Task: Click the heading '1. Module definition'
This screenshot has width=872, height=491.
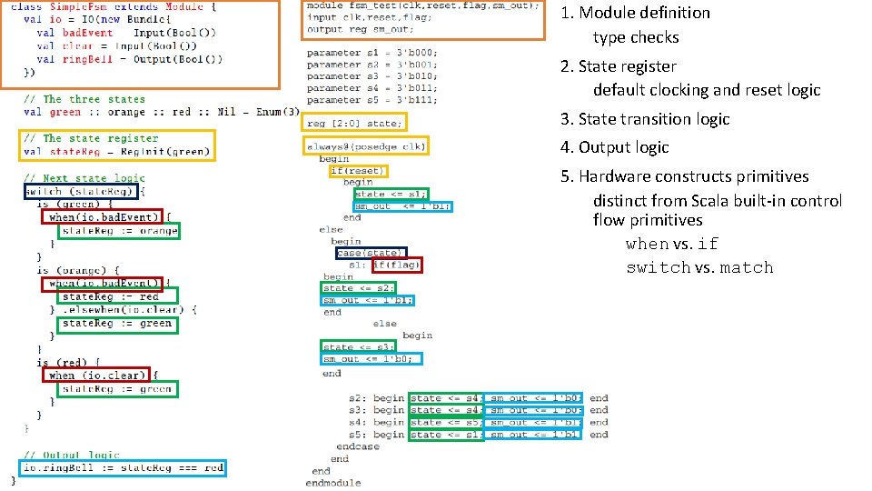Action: click(x=635, y=13)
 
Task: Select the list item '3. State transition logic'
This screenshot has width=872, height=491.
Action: click(x=645, y=119)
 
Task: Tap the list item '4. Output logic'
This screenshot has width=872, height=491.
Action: click(x=614, y=147)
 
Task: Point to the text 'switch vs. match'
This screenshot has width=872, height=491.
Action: click(x=699, y=267)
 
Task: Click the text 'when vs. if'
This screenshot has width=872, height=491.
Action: click(x=671, y=244)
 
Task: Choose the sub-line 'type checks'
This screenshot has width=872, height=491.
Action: click(x=636, y=37)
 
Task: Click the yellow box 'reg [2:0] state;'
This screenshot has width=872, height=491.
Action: click(x=355, y=123)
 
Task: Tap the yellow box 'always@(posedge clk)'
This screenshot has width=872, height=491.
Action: click(x=366, y=146)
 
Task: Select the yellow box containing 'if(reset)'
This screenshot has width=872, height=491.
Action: click(x=358, y=171)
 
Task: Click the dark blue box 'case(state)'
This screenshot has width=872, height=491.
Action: click(x=371, y=253)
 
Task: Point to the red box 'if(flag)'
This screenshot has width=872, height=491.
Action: click(x=397, y=266)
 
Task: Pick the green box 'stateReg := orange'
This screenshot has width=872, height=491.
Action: click(x=119, y=231)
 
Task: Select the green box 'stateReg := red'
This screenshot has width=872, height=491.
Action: click(x=118, y=296)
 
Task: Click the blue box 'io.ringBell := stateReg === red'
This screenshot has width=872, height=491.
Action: click(x=123, y=468)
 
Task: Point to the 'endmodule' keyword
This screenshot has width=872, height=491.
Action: click(x=332, y=483)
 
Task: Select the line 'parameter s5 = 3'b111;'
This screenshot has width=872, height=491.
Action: click(x=372, y=100)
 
